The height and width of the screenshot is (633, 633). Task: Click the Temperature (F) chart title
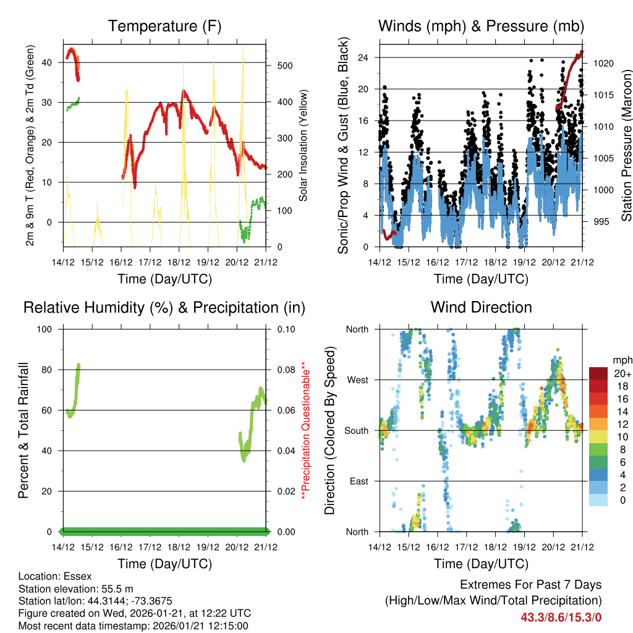pyautogui.click(x=164, y=27)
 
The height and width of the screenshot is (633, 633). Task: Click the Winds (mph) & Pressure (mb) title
pyautogui.click(x=482, y=27)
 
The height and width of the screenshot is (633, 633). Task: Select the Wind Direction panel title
pyautogui.click(x=482, y=307)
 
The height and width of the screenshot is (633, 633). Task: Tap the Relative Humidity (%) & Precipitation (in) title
pyautogui.click(x=164, y=307)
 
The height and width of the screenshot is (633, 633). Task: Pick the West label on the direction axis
pyautogui.click(x=357, y=380)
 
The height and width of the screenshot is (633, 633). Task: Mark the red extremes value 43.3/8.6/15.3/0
pyautogui.click(x=561, y=617)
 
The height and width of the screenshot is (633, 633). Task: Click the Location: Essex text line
pyautogui.click(x=54, y=576)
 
